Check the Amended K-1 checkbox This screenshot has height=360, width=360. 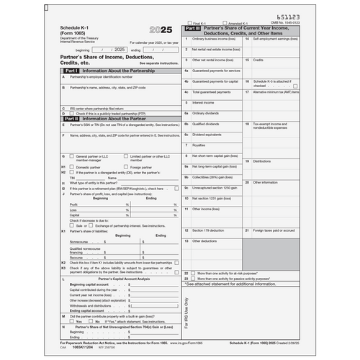tap(225, 22)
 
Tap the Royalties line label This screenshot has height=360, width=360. tap(199, 145)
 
